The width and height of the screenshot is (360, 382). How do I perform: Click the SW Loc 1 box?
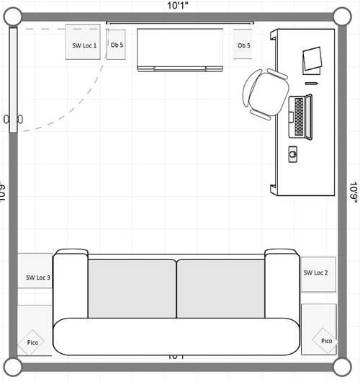[x=84, y=45]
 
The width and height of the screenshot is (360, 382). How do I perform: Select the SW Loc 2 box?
[x=318, y=273]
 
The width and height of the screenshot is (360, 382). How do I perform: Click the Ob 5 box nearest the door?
[x=117, y=45]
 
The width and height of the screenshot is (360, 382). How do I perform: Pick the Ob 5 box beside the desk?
[x=243, y=45]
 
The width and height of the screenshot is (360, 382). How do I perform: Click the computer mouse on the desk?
[x=293, y=153]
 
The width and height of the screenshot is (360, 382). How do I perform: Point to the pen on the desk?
[x=312, y=82]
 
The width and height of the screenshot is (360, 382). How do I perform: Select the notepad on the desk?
[x=313, y=59]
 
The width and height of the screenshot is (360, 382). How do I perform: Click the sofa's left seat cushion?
[x=132, y=288]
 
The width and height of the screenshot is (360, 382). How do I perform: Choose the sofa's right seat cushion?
[x=220, y=288]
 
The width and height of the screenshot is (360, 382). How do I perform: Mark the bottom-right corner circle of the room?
[x=341, y=367]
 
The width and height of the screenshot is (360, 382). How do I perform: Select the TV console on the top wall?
[x=181, y=49]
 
